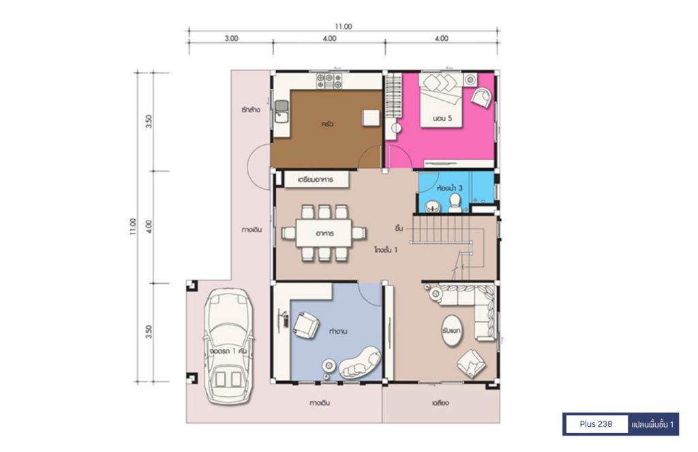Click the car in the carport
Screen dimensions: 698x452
tap(229, 346)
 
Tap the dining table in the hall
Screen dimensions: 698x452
tap(324, 233)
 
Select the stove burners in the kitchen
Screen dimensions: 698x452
tap(329, 81)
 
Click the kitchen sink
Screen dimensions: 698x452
tap(282, 111)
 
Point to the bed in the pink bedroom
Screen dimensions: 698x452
tap(441, 101)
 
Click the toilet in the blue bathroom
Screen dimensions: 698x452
tap(455, 203)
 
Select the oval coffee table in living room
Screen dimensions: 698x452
tap(452, 331)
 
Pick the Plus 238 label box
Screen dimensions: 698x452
tap(596, 424)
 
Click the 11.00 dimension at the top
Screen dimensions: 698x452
tap(344, 27)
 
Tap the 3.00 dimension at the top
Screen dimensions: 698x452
tap(231, 39)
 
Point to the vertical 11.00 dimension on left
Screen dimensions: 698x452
tap(133, 227)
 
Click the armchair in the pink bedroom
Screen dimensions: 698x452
tap(482, 97)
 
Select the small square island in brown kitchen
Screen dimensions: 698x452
tap(370, 118)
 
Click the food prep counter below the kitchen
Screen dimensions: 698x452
tap(316, 180)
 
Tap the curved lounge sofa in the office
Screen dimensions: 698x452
tap(361, 361)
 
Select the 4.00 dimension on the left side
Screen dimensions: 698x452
tap(149, 227)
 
